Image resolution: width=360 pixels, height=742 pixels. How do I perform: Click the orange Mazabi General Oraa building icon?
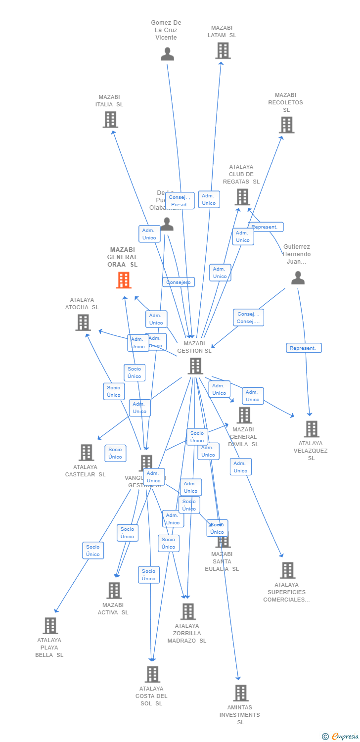pos(124,280)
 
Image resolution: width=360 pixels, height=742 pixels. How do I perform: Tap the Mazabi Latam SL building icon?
pos(223,50)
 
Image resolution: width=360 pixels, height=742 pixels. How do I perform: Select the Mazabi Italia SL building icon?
pos(110,120)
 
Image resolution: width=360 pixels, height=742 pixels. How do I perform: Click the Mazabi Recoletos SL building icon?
pos(287,125)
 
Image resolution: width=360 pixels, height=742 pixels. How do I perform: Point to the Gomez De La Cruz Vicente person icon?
pos(167,54)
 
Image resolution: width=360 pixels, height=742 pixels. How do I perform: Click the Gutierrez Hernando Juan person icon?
pos(298,278)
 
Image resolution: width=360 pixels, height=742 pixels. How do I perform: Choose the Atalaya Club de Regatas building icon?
pos(242,197)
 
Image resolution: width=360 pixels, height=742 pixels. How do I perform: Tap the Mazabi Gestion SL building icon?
pos(195,366)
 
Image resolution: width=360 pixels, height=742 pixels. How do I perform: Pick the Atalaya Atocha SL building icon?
pos(83,323)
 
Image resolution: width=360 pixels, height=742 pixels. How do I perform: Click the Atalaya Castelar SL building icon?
pos(87,452)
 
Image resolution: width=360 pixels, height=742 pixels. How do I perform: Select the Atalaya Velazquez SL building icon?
pos(312,429)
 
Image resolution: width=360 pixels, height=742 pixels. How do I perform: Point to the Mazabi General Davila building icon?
pos(244,416)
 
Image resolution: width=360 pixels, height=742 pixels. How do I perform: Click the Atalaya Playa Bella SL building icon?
pos(50,626)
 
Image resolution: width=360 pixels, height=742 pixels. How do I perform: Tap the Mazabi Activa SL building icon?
pos(114,590)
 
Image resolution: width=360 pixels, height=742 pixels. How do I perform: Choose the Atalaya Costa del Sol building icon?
pos(152,674)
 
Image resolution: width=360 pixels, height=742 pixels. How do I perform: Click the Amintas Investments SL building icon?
pos(241,693)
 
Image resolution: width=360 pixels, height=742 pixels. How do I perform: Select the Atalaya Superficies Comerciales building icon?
pos(287,570)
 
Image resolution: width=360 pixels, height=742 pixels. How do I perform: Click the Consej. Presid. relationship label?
pos(180,201)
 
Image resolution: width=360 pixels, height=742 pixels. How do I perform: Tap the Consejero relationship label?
pos(179,282)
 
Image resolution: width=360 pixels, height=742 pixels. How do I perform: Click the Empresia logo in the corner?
pos(341,737)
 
